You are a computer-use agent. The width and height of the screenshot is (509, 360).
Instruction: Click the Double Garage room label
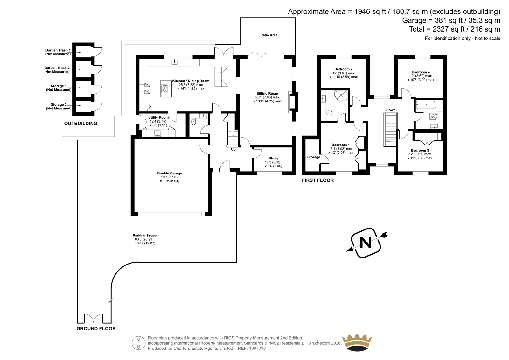coord(170,173)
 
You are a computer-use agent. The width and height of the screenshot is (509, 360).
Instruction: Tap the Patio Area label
coord(269,35)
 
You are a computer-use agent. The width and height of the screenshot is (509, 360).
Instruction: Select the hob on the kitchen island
coord(164,89)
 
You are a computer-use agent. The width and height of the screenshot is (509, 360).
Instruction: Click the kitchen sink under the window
coord(175,62)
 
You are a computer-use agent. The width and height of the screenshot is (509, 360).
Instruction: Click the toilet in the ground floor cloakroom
coord(193,122)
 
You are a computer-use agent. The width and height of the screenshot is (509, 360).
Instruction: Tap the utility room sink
coord(157,133)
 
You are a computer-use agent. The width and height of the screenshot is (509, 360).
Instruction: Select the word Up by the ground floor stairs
coord(233,150)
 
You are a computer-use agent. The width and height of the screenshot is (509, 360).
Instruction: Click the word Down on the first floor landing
coord(391,110)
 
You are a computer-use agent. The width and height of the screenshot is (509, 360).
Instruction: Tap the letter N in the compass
coord(366,243)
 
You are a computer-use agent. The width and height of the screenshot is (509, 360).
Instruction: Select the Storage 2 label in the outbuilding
coord(59,105)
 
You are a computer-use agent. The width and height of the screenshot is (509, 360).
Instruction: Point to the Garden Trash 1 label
coord(58,50)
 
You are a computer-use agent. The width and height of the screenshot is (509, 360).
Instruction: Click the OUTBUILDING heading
coord(81,124)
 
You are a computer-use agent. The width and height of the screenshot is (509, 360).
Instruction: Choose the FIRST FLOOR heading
coord(318,180)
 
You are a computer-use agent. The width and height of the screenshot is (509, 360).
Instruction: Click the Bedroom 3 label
coord(420,150)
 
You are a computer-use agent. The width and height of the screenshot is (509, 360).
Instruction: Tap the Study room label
coord(273,158)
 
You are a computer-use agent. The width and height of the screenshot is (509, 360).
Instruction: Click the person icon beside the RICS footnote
coord(138,343)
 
